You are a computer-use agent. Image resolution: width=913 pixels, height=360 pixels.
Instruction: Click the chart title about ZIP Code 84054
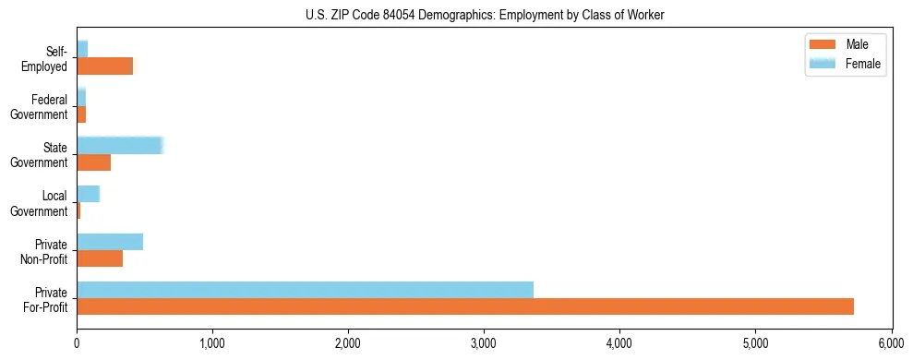[x=485, y=16]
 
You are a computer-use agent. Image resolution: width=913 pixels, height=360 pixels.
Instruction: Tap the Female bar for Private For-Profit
[x=305, y=290]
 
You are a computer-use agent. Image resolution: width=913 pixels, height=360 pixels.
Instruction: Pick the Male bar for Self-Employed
[x=104, y=66]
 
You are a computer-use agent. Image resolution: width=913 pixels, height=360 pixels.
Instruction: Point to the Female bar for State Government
[x=119, y=146]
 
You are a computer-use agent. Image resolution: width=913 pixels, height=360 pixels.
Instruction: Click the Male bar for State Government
[x=93, y=162]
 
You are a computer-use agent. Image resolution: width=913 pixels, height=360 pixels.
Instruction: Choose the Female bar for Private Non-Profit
[x=110, y=242]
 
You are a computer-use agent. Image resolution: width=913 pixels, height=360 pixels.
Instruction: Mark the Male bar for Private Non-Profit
[x=100, y=258]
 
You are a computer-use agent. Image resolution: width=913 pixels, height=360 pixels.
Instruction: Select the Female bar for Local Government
[x=88, y=194]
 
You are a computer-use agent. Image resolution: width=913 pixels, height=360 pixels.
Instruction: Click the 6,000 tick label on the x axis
[x=891, y=343]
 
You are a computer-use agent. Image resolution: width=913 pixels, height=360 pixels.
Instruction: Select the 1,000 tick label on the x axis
[x=212, y=343]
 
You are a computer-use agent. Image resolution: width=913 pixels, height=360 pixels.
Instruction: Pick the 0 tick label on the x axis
[x=77, y=343]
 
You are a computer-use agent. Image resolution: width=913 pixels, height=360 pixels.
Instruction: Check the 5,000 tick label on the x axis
[x=755, y=343]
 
